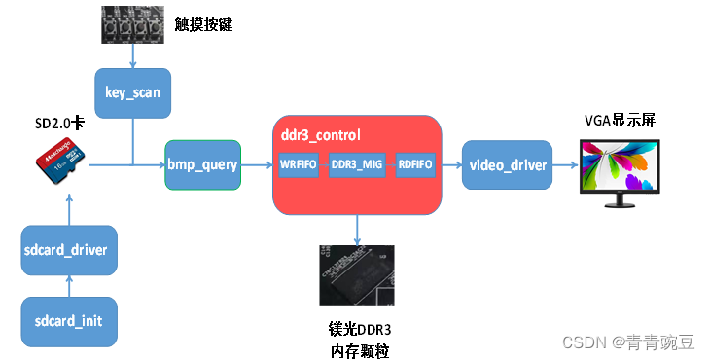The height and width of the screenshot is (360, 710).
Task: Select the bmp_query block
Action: point(202,164)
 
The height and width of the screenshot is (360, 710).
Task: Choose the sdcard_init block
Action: point(69,320)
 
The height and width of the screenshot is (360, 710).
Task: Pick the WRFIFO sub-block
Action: point(298,164)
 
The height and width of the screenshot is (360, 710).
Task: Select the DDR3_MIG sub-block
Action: point(357,164)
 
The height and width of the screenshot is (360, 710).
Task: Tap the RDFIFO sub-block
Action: point(415,164)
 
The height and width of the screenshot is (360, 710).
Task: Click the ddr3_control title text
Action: point(320,135)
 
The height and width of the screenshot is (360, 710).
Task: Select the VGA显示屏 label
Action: point(619,121)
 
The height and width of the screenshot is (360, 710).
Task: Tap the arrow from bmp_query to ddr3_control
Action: point(256,164)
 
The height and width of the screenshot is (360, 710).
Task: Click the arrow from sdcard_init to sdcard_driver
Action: point(69,285)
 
